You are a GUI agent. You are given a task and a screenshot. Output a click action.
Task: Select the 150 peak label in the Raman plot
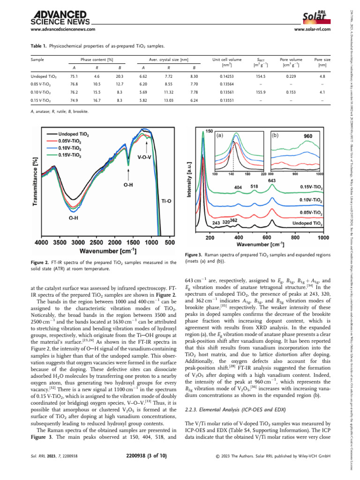pyautogui.click(x=210, y=131)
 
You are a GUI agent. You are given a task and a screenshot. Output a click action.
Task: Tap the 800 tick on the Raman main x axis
pyautogui.click(x=296, y=238)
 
